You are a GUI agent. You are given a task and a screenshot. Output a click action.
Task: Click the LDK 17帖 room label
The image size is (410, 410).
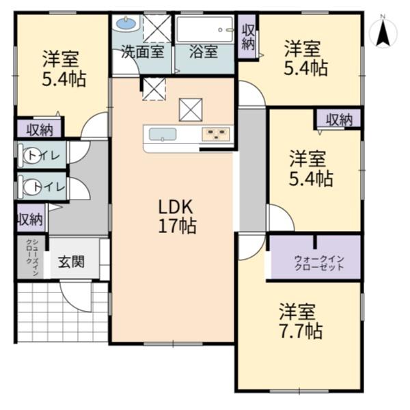point(177,216)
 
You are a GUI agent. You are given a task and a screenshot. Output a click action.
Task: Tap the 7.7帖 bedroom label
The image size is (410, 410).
point(300,321)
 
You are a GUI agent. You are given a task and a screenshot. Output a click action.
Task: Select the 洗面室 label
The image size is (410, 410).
point(143,51)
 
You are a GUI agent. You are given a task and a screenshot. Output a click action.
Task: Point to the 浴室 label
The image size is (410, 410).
point(204,51)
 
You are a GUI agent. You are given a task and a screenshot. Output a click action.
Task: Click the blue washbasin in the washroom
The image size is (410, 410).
point(126,24)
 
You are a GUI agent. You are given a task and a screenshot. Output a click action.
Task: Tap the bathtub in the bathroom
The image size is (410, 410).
point(204,29)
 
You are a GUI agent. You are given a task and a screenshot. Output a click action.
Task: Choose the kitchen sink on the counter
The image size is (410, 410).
point(163,135)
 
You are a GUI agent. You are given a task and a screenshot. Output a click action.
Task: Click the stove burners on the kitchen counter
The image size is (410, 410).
point(216,135)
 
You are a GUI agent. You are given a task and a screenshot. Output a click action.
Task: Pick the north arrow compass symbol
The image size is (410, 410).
point(383,33)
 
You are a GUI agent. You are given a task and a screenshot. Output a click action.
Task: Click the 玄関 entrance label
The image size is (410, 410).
point(71,262)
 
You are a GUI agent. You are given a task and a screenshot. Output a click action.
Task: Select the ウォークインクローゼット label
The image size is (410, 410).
point(319,263)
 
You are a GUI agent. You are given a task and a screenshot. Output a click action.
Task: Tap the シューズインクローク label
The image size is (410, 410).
point(32,258)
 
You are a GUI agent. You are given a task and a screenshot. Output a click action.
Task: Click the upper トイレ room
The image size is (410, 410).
point(42,155)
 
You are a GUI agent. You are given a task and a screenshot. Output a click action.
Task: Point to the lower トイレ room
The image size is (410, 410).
point(42,186)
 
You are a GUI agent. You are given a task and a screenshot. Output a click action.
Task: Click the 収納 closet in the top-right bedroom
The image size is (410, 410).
point(247,36)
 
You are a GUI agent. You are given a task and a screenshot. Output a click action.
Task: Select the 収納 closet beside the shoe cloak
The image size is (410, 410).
point(31,218)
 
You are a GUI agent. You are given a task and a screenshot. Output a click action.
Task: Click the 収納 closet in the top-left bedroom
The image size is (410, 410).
point(39,128)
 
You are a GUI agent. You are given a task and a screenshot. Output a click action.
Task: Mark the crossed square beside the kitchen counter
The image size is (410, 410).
point(191,110)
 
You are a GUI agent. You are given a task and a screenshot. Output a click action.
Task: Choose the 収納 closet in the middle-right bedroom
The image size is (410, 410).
point(339,119)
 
